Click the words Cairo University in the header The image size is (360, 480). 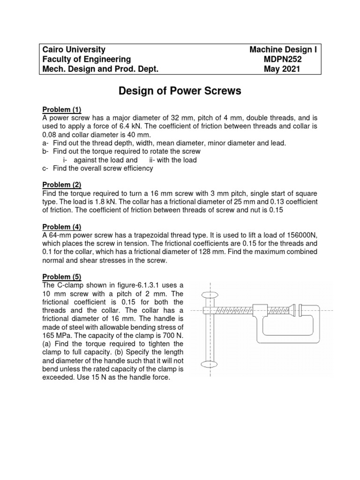pos(74,50)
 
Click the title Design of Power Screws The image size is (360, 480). pos(180,91)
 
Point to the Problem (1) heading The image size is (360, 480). pos(62,110)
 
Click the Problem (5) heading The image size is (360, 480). pos(62,277)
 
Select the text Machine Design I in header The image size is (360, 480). pos(285,50)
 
